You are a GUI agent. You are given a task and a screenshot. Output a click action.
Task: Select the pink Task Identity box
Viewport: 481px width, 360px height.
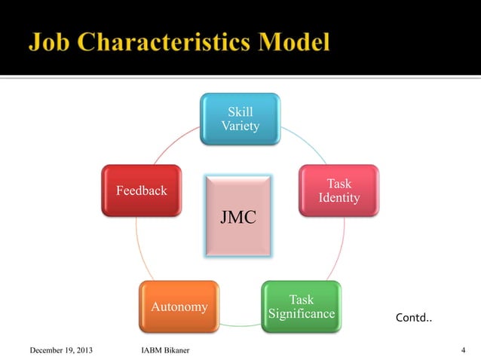click(x=338, y=191)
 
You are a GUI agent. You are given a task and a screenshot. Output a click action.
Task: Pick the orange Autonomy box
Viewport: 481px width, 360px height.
click(x=179, y=307)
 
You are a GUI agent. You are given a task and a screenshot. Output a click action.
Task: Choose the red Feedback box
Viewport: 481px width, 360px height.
click(x=141, y=191)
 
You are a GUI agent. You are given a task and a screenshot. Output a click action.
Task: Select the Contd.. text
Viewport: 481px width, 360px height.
click(x=414, y=319)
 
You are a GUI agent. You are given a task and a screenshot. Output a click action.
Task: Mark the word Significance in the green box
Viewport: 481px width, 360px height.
click(x=301, y=313)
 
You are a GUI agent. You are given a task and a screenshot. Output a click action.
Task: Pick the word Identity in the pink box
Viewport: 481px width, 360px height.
click(x=339, y=198)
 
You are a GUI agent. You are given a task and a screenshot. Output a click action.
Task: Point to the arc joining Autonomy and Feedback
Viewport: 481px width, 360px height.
click(x=136, y=249)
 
